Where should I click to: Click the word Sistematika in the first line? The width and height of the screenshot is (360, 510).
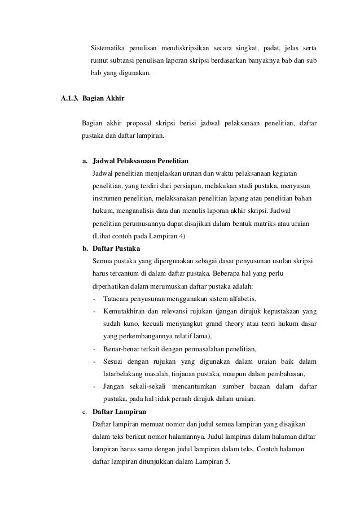coord(109,45)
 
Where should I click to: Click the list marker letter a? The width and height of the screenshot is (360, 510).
coord(84,160)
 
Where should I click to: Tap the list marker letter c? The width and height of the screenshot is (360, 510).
coord(84,412)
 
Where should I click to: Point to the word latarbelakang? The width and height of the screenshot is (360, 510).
coord(124,374)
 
